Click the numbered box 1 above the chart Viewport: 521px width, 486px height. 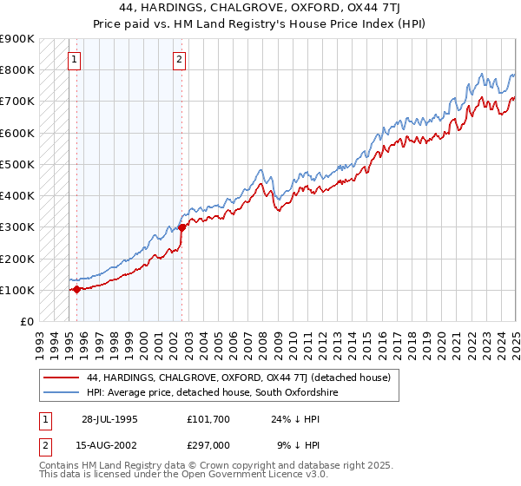tap(75, 60)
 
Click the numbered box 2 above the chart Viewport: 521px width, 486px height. tap(179, 60)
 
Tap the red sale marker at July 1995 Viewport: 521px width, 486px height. tap(76, 289)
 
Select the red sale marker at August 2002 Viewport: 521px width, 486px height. tap(182, 228)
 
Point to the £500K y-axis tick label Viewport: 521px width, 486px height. tap(17, 164)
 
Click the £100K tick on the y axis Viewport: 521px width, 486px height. tap(17, 290)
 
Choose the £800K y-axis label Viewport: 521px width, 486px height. tap(17, 69)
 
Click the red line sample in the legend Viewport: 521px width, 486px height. tap(61, 378)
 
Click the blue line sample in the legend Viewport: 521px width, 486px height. tap(61, 393)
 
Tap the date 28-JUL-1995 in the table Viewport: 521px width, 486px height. tap(109, 418)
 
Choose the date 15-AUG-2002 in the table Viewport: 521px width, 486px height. tap(109, 447)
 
